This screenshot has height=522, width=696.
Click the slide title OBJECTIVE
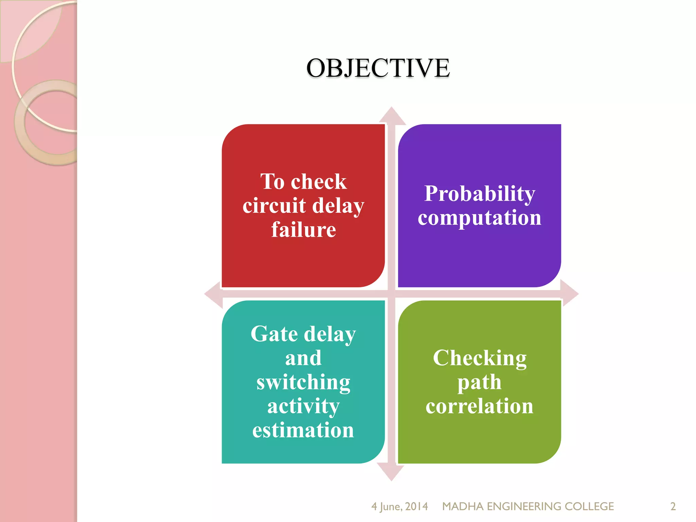378,68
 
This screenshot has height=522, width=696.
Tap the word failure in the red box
303,230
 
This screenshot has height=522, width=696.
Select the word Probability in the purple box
480,194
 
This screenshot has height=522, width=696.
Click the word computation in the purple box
480,217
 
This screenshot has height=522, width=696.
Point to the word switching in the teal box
303,382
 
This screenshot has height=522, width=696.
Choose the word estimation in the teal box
303,430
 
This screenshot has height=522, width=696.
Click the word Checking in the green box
480,358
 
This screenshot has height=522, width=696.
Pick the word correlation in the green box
480,406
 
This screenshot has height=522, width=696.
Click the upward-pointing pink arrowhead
392,116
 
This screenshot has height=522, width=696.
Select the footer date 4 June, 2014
399,506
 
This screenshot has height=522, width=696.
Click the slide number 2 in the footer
673,506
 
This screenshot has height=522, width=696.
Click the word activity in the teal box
303,406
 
